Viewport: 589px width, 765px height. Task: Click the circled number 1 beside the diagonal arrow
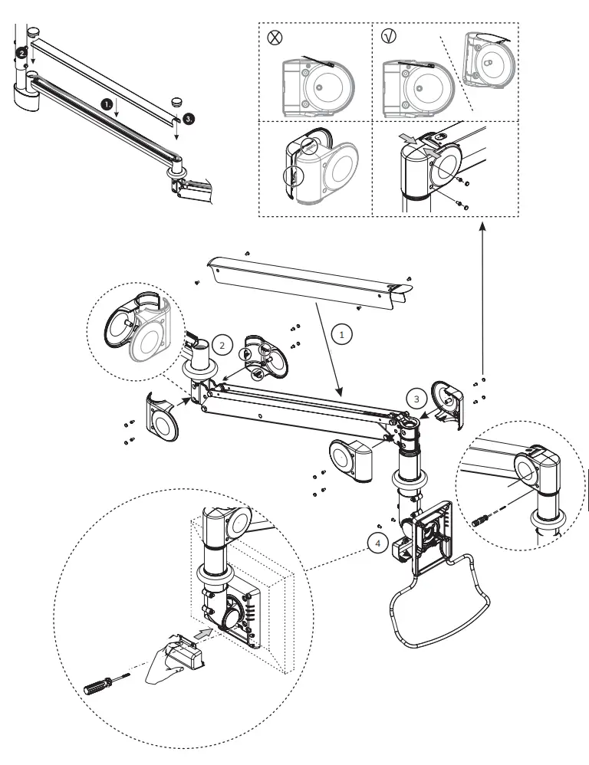[x=343, y=334]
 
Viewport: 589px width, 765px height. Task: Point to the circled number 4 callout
[x=376, y=543]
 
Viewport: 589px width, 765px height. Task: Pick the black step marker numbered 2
[x=23, y=54]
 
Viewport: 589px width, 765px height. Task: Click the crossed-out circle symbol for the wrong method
[x=274, y=38]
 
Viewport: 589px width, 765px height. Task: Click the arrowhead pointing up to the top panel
[x=482, y=227]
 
